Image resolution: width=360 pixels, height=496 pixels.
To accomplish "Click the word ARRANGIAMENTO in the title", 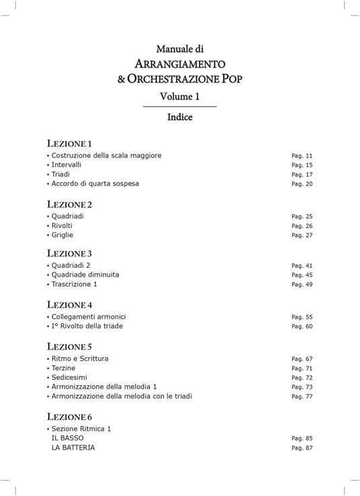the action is (179, 64).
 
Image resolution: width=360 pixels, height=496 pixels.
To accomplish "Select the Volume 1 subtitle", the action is (179, 97).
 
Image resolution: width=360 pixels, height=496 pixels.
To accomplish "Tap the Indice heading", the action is (179, 117).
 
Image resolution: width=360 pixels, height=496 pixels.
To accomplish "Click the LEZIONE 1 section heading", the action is (69, 144).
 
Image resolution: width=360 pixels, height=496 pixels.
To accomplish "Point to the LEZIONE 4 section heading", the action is (70, 305).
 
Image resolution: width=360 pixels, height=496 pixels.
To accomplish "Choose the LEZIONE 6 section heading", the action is (70, 417).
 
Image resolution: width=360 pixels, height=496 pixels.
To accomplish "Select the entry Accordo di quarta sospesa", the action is (95, 183).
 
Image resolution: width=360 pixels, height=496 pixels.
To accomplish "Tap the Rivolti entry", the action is (62, 226).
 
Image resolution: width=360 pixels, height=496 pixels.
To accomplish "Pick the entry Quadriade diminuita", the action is (85, 275).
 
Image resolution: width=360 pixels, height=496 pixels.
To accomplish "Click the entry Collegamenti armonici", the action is (89, 317).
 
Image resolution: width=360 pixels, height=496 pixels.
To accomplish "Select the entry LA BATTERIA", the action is (73, 448).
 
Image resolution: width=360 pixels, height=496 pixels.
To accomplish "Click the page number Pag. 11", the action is (302, 156).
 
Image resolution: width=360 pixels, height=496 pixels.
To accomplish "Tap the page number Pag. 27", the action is (302, 236).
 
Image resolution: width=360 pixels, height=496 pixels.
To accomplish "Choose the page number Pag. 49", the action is (302, 285).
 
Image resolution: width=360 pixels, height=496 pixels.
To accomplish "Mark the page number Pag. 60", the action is (302, 327).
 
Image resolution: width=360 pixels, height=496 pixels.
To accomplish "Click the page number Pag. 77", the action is (302, 397).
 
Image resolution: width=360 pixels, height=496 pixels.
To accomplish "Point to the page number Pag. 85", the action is (302, 438).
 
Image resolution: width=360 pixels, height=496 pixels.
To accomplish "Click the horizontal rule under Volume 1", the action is (179, 107).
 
